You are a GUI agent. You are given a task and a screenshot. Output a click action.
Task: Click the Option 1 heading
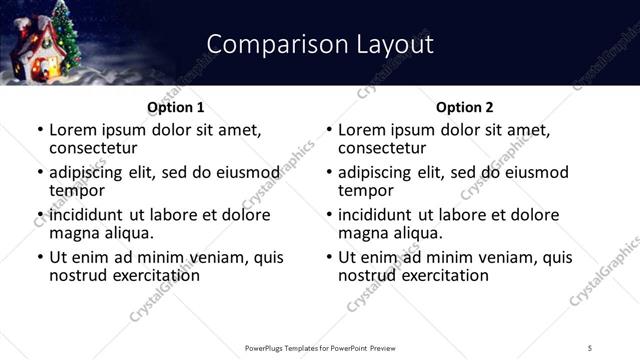[175, 107]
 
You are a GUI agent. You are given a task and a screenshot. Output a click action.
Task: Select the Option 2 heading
[464, 107]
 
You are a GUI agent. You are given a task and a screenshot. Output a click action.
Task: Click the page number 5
[590, 347]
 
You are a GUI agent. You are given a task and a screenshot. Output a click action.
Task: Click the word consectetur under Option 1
[92, 148]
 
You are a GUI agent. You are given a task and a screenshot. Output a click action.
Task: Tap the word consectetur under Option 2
[381, 148]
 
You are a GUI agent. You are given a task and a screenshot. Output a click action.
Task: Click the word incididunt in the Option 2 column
[382, 215]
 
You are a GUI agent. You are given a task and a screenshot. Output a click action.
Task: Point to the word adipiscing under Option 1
[89, 172]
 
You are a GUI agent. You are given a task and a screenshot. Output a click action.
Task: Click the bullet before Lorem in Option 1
[39, 131]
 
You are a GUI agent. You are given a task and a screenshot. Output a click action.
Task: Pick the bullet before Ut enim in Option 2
[328, 257]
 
